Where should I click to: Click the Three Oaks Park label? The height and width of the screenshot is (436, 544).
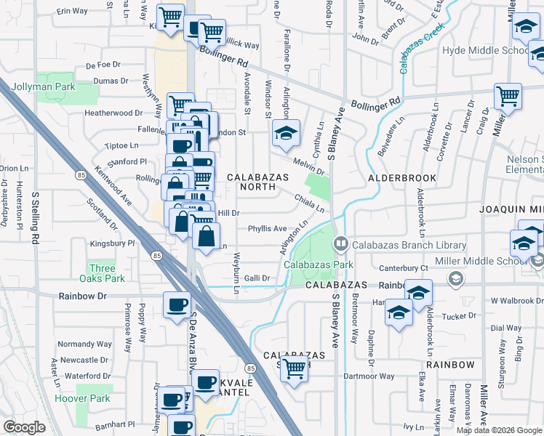pos(107,273)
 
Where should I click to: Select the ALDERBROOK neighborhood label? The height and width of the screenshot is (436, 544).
pos(401,177)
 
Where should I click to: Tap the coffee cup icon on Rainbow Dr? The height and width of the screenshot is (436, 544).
pos(176,305)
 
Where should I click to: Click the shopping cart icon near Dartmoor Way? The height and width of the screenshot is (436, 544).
pos(295,369)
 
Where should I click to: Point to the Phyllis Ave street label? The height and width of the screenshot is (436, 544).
pos(267,228)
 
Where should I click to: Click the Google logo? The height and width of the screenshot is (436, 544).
pos(24,427)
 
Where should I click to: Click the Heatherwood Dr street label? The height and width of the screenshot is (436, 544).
pos(113,113)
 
